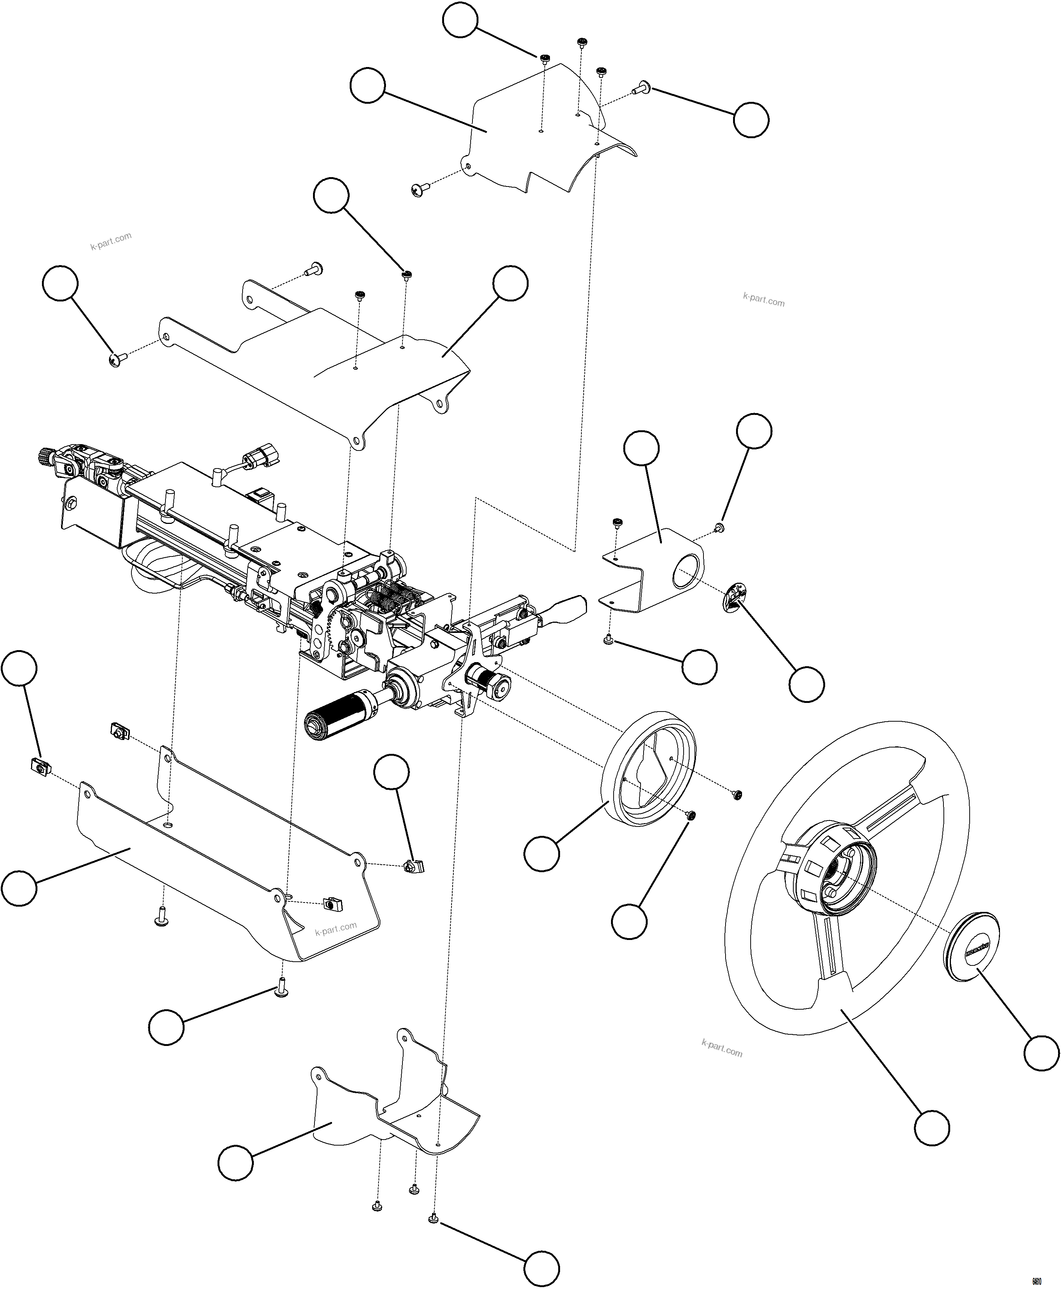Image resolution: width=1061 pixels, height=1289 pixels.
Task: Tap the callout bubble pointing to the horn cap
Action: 1041,1052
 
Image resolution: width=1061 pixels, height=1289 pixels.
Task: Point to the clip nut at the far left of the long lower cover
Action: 39,765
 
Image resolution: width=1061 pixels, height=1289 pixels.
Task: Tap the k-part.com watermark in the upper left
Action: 110,242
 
